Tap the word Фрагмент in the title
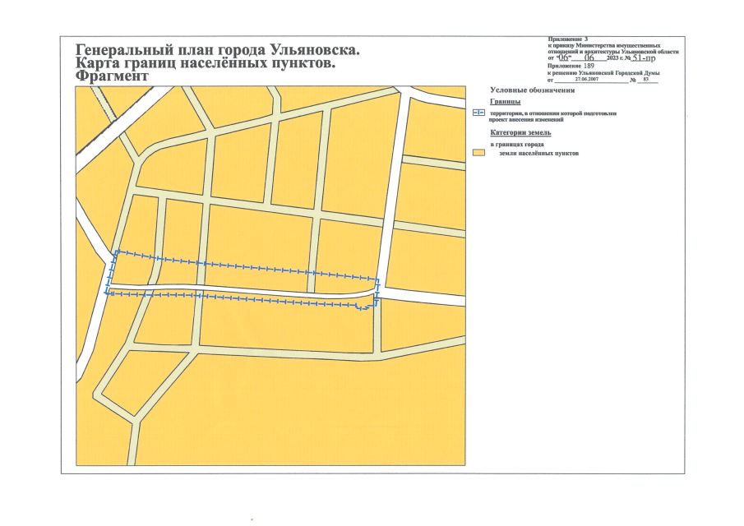coord(112,76)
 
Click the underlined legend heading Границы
coord(505,101)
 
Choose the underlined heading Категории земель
coord(521,131)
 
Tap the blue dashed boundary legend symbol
coord(479,113)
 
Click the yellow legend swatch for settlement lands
coord(478,154)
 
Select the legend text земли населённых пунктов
coord(539,154)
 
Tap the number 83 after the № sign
coord(646,79)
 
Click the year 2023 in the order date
coord(613,59)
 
